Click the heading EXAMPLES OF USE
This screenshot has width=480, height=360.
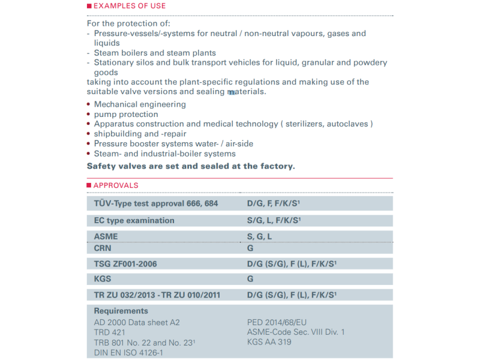point(130,6)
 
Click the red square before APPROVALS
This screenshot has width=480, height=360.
point(89,186)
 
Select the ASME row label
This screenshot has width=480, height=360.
point(106,237)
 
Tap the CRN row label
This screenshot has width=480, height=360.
point(103,248)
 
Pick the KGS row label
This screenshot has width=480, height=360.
point(103,279)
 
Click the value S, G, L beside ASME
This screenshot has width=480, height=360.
point(260,237)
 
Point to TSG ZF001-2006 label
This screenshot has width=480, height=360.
point(126,263)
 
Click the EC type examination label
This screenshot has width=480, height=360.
point(134,220)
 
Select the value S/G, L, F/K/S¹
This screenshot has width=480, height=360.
point(274,220)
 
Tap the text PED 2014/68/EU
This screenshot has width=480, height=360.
point(277,322)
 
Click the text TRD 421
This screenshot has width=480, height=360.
point(110,332)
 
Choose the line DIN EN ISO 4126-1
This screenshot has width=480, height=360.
point(128,352)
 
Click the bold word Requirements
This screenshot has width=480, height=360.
point(121,311)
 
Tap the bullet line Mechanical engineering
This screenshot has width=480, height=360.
point(140,104)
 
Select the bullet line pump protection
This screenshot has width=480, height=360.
point(126,114)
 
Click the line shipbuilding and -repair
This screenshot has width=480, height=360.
point(140,134)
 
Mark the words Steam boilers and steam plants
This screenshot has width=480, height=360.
point(155,53)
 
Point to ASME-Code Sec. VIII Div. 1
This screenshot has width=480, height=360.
point(296,332)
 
